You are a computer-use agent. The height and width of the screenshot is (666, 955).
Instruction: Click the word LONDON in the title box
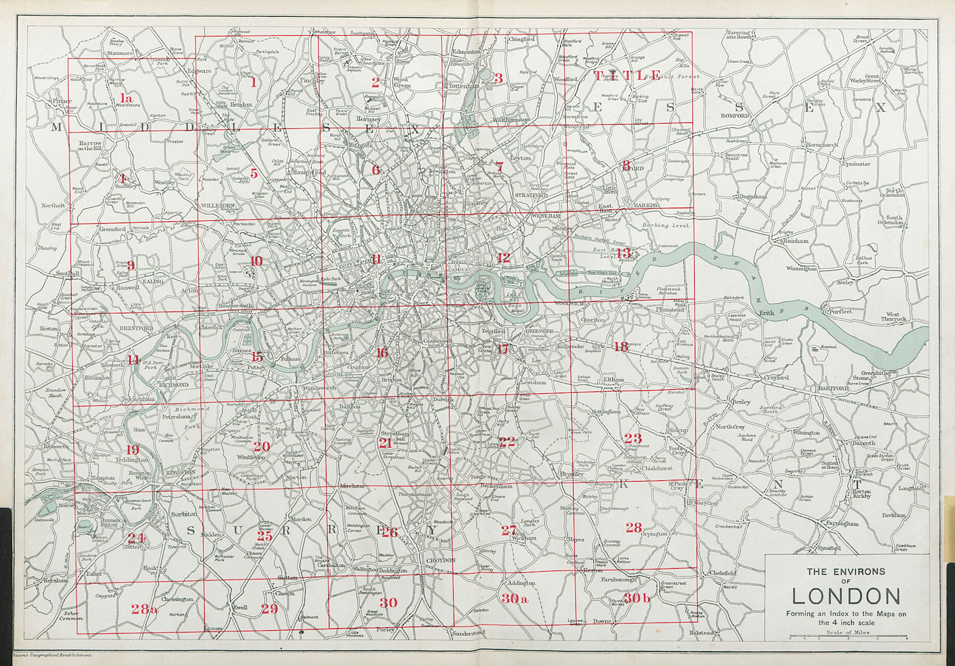pyautogui.click(x=846, y=596)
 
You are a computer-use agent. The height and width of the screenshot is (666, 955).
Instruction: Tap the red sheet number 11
pyautogui.click(x=376, y=259)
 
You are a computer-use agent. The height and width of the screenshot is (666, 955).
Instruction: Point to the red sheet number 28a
pyautogui.click(x=144, y=609)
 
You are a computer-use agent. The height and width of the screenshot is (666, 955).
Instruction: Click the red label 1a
pyautogui.click(x=125, y=98)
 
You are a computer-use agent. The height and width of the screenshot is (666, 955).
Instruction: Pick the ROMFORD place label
pyautogui.click(x=734, y=116)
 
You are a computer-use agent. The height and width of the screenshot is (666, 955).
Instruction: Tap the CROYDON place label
pyautogui.click(x=441, y=560)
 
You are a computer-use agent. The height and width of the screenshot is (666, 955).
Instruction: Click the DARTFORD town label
pyautogui.click(x=833, y=388)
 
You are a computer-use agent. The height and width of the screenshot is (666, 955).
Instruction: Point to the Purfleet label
pyautogui.click(x=840, y=312)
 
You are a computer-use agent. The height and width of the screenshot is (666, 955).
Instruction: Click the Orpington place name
pyautogui.click(x=654, y=534)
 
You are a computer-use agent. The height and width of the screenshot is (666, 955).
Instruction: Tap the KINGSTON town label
pyautogui.click(x=179, y=472)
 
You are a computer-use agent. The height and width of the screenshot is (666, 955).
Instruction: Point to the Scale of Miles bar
pyautogui.click(x=848, y=637)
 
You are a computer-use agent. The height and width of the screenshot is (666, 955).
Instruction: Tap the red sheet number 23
pyautogui.click(x=633, y=439)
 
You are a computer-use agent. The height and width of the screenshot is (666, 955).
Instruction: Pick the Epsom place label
pyautogui.click(x=212, y=628)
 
